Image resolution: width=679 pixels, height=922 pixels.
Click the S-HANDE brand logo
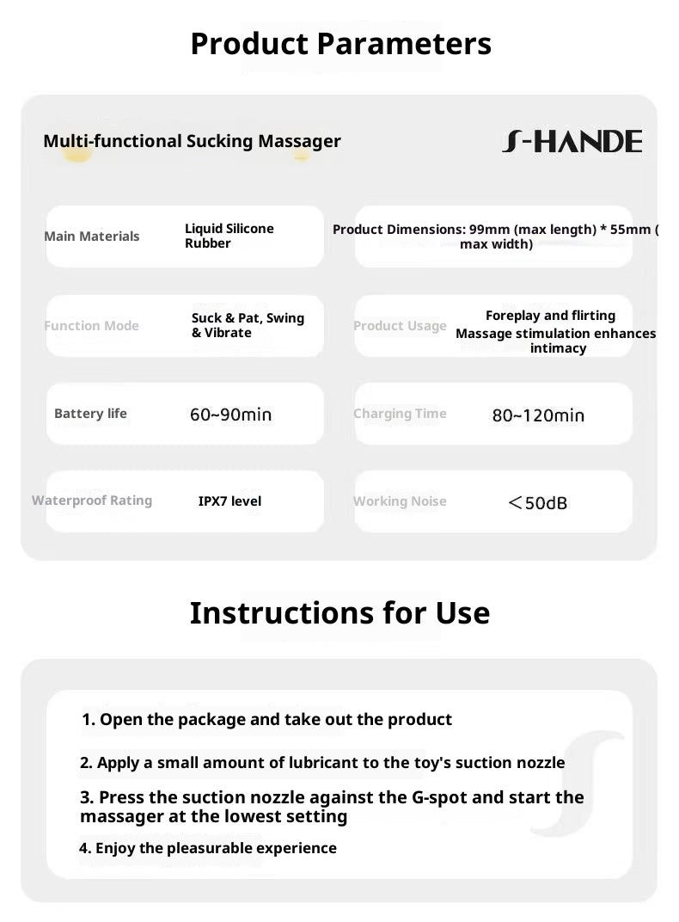coord(572,142)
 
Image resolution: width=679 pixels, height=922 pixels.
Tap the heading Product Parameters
coord(340,43)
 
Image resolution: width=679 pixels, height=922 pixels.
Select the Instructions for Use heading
coord(339,612)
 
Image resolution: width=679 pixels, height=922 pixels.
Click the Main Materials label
coord(91,237)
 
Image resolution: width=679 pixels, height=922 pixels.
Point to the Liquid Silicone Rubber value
coord(229,236)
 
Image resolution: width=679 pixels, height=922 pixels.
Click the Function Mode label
coord(91,326)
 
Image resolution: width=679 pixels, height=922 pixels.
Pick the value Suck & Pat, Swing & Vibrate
coord(248,325)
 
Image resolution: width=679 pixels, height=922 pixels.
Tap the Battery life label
coord(90,414)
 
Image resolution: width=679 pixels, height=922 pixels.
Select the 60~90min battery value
coord(230,415)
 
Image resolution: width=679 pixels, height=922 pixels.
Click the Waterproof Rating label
coord(92,501)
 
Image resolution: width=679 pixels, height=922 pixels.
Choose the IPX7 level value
coord(229,501)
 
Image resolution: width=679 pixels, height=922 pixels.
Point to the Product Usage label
coord(400,326)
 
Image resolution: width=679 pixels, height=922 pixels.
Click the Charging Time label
coord(400,414)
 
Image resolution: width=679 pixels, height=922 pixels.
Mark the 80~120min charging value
coord(538,415)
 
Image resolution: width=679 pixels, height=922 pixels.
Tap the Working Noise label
coord(400,501)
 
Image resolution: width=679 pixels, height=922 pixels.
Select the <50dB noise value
coord(538,502)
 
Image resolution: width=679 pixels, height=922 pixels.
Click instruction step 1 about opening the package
coord(266,719)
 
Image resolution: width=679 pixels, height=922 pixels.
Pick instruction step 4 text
coord(208,848)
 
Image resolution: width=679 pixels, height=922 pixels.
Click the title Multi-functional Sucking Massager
coord(192,141)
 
